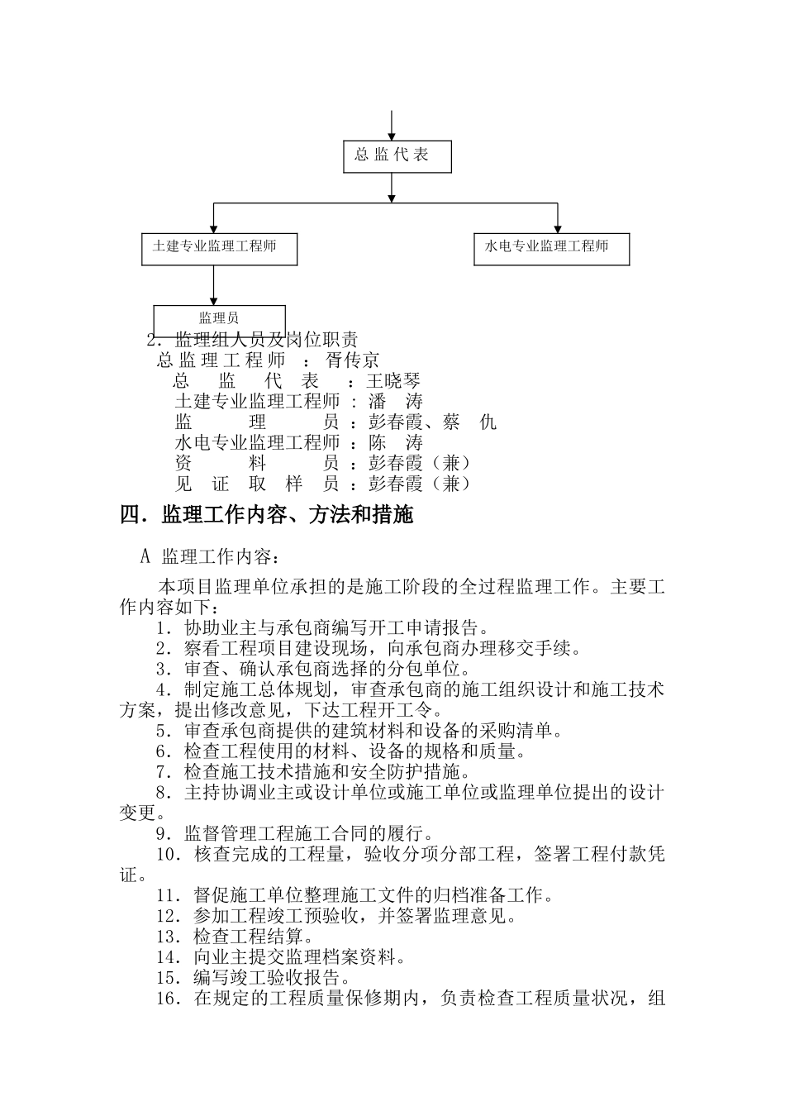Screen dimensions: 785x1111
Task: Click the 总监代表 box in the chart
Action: tap(397, 155)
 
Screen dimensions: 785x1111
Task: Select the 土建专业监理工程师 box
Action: tap(219, 247)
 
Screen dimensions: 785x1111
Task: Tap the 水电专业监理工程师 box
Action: tap(551, 248)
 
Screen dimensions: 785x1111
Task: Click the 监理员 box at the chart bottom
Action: tap(219, 318)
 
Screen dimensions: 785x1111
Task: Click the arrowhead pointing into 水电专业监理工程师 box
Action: tap(558, 227)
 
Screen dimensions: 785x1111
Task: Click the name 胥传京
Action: tap(353, 360)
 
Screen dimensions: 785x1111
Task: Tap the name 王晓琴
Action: tap(394, 381)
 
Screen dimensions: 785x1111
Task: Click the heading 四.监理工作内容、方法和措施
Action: tap(266, 516)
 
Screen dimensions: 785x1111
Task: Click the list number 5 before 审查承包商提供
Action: tap(162, 732)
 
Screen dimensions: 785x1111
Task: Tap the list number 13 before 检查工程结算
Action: tap(167, 937)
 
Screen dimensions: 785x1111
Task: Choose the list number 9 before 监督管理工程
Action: tap(162, 834)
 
